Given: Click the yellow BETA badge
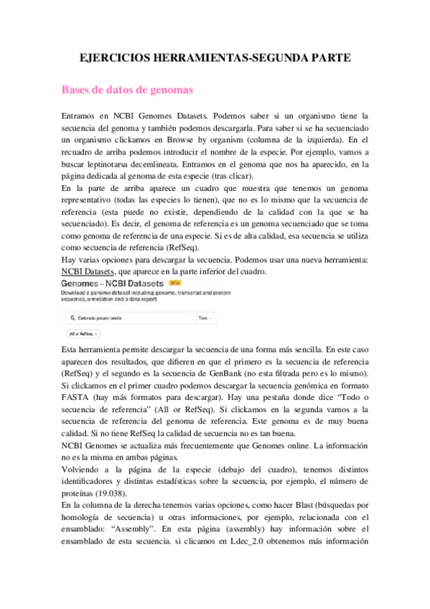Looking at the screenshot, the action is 174,282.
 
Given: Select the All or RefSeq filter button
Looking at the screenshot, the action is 83,334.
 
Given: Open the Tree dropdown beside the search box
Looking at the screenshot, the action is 205,317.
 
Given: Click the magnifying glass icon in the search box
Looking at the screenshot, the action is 72,317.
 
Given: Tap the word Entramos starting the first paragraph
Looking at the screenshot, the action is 82,115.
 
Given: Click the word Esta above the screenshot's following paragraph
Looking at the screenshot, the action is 73,348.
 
